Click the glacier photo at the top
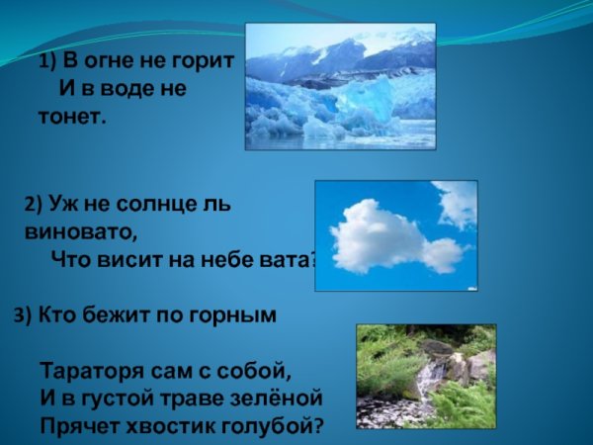(340, 88)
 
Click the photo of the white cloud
(395, 235)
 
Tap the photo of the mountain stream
(425, 376)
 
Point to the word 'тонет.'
(72, 117)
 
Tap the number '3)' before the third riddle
(23, 316)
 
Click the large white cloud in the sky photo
(378, 235)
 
